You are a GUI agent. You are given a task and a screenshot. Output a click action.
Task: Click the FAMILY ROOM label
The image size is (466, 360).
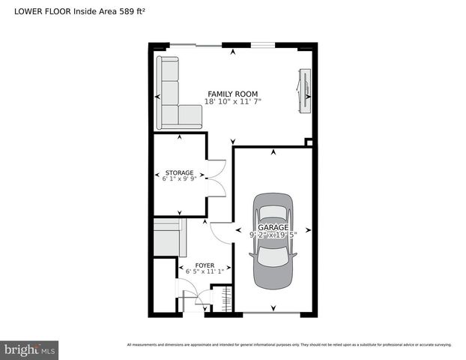[x=232, y=94]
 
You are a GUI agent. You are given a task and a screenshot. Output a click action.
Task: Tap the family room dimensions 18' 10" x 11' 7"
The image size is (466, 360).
[x=232, y=102]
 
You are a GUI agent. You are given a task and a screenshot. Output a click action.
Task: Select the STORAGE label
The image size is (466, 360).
[x=179, y=172]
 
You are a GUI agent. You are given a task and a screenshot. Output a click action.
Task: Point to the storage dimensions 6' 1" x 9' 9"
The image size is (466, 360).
[x=179, y=179]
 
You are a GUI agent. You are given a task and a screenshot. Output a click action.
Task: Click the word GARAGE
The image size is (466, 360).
[x=273, y=226]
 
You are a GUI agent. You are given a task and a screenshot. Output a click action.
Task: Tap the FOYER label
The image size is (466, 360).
[x=205, y=265]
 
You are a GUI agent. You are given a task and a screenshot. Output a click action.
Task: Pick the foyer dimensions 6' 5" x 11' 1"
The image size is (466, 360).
[x=205, y=272]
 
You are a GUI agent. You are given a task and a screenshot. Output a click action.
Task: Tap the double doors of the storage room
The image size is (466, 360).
[x=216, y=178]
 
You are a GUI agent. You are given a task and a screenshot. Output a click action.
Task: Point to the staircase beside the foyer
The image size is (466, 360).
[x=169, y=238]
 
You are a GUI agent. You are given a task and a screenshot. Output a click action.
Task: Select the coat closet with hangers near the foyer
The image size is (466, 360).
[x=223, y=298]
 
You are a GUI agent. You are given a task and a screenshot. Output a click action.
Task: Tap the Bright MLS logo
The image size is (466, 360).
[x=30, y=349]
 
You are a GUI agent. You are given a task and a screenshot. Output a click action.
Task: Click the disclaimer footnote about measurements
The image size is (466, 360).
[x=289, y=345]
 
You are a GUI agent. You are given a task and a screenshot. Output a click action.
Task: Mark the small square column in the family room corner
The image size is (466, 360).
[x=308, y=142]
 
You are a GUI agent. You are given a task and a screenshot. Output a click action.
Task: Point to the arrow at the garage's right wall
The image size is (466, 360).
[x=308, y=231]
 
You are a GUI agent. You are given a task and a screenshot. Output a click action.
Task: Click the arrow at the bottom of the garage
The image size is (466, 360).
[x=273, y=307]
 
